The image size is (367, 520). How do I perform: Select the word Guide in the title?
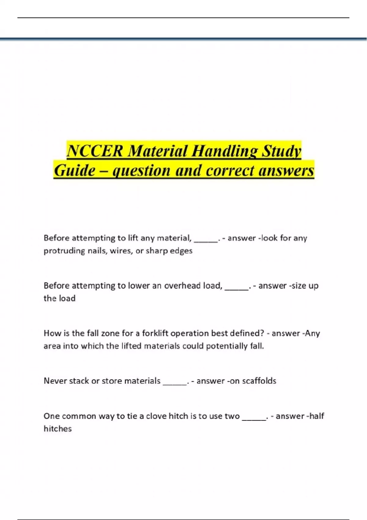(x=75, y=170)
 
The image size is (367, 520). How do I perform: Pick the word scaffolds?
(x=259, y=381)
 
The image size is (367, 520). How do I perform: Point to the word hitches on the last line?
(x=57, y=429)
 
